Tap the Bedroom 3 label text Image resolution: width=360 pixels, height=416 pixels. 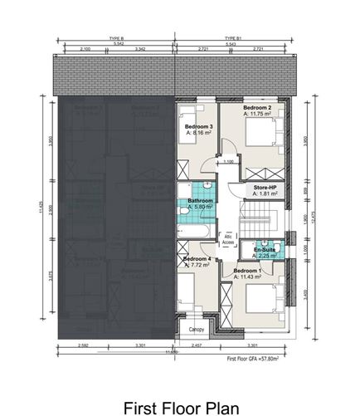[x=197, y=125]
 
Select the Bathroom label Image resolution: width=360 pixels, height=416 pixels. [x=202, y=202]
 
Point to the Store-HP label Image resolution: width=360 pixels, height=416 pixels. [x=265, y=189]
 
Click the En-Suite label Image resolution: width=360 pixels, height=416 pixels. [x=265, y=249]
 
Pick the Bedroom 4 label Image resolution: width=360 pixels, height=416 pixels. [x=197, y=259]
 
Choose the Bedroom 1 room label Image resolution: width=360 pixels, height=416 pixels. [x=247, y=272]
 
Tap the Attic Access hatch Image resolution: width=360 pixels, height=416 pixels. [x=228, y=239]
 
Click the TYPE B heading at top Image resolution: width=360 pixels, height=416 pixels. [x=116, y=38]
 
